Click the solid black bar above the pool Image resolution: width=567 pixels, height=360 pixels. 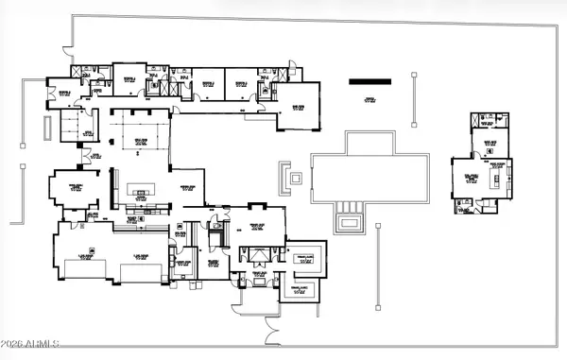[369, 82]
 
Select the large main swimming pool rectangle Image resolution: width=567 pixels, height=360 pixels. [369, 178]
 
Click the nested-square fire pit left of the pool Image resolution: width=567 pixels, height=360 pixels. [295, 177]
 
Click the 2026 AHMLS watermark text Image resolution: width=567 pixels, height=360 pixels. [31, 341]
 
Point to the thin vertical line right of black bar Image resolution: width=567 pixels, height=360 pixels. [412, 98]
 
